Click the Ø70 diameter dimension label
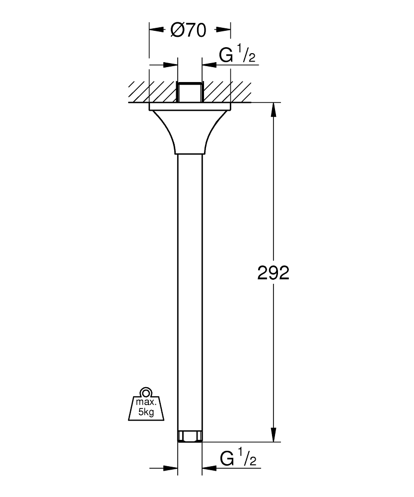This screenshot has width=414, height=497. coord(188,31)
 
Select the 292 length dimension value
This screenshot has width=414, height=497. coord(273,272)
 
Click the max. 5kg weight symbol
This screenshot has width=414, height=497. coord(146,404)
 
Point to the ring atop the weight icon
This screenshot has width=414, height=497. coord(146,392)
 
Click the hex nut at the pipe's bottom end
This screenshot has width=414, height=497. coord(190,436)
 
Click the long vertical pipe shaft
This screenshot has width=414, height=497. coord(190,292)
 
